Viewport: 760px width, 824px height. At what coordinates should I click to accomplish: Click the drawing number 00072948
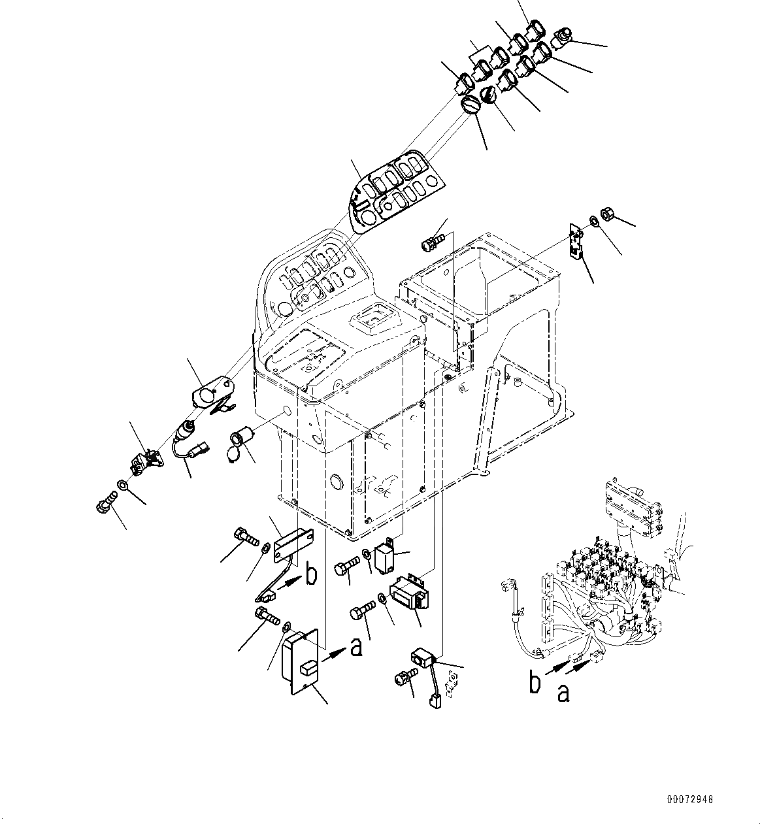690,799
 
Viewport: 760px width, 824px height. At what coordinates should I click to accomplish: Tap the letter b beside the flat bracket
312,576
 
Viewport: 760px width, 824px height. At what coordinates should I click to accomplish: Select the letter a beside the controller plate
355,647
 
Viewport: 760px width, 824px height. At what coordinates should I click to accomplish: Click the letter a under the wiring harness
563,692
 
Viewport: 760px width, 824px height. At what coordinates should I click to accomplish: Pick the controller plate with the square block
299,659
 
